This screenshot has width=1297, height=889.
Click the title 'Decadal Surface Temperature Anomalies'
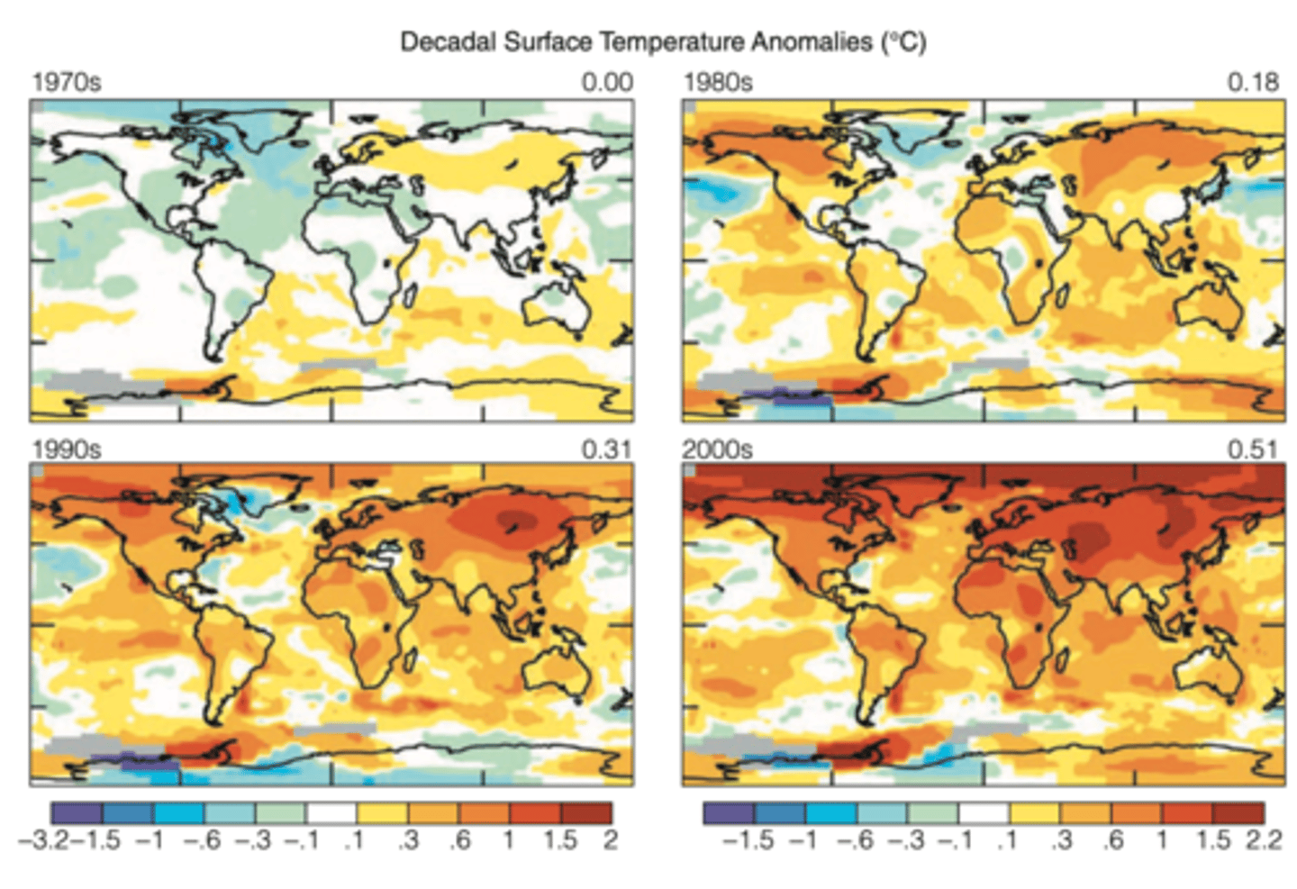(662, 42)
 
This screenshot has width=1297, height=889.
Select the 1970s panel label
(67, 83)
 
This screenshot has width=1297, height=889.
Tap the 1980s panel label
(718, 83)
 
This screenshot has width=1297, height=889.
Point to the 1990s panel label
(67, 449)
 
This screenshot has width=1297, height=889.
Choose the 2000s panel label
(718, 449)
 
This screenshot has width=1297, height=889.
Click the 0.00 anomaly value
(607, 83)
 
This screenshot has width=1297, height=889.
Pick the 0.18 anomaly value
(1253, 83)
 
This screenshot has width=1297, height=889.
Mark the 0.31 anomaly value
(607, 449)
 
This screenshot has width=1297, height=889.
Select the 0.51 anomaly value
(1253, 449)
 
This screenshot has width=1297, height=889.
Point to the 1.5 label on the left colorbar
(559, 840)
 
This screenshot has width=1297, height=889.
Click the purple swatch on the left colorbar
(77, 812)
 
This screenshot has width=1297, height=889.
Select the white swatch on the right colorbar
(984, 812)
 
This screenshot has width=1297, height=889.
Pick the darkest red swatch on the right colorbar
(1238, 812)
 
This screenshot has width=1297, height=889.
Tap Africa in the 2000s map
(1022, 621)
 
